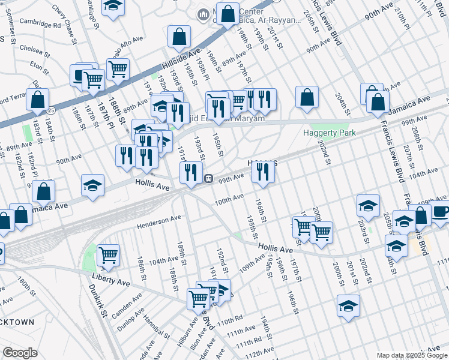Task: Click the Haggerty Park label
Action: click(x=329, y=133)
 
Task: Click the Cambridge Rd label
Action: click(x=40, y=26)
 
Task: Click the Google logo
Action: click(x=20, y=353)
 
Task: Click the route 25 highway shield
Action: click(x=52, y=110)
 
